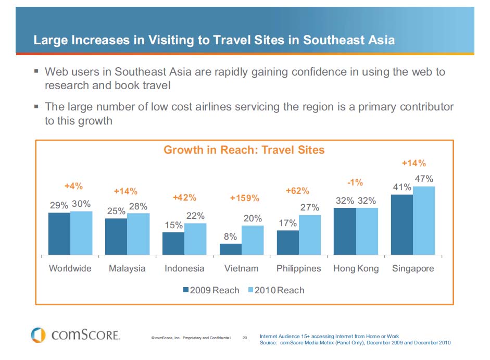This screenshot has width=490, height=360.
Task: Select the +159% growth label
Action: [244, 198]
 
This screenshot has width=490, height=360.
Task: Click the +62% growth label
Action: [297, 191]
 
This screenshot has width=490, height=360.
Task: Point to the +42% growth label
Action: [184, 197]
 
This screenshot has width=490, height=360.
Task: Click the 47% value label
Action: [424, 179]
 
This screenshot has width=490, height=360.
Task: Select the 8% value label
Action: [230, 237]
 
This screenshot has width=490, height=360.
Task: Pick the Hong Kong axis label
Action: [356, 269]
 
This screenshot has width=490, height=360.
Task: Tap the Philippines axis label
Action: [298, 269]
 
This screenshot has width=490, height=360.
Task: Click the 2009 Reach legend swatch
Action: [185, 290]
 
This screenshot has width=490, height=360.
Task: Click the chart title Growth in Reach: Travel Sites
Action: [244, 150]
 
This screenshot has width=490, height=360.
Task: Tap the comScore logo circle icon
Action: [39, 334]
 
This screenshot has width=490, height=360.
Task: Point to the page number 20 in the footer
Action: [245, 338]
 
